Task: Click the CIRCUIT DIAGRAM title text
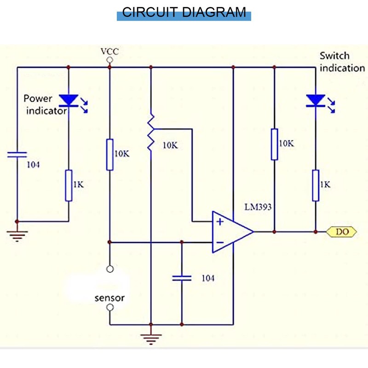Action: [184, 12]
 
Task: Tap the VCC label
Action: [109, 51]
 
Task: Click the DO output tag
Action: [342, 232]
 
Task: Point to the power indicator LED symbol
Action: [69, 100]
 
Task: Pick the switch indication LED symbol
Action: [316, 100]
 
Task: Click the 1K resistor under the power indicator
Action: [69, 185]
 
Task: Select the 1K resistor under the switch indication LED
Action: [316, 185]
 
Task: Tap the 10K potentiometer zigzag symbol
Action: [150, 133]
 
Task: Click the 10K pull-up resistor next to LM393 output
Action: [274, 144]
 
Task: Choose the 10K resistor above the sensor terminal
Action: [109, 154]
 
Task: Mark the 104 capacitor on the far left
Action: [17, 155]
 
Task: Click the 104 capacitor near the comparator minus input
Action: [182, 277]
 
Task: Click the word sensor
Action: [109, 298]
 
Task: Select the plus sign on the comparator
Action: [220, 222]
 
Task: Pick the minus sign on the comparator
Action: [220, 242]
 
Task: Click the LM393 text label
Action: [258, 207]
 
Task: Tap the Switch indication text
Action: [342, 62]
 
